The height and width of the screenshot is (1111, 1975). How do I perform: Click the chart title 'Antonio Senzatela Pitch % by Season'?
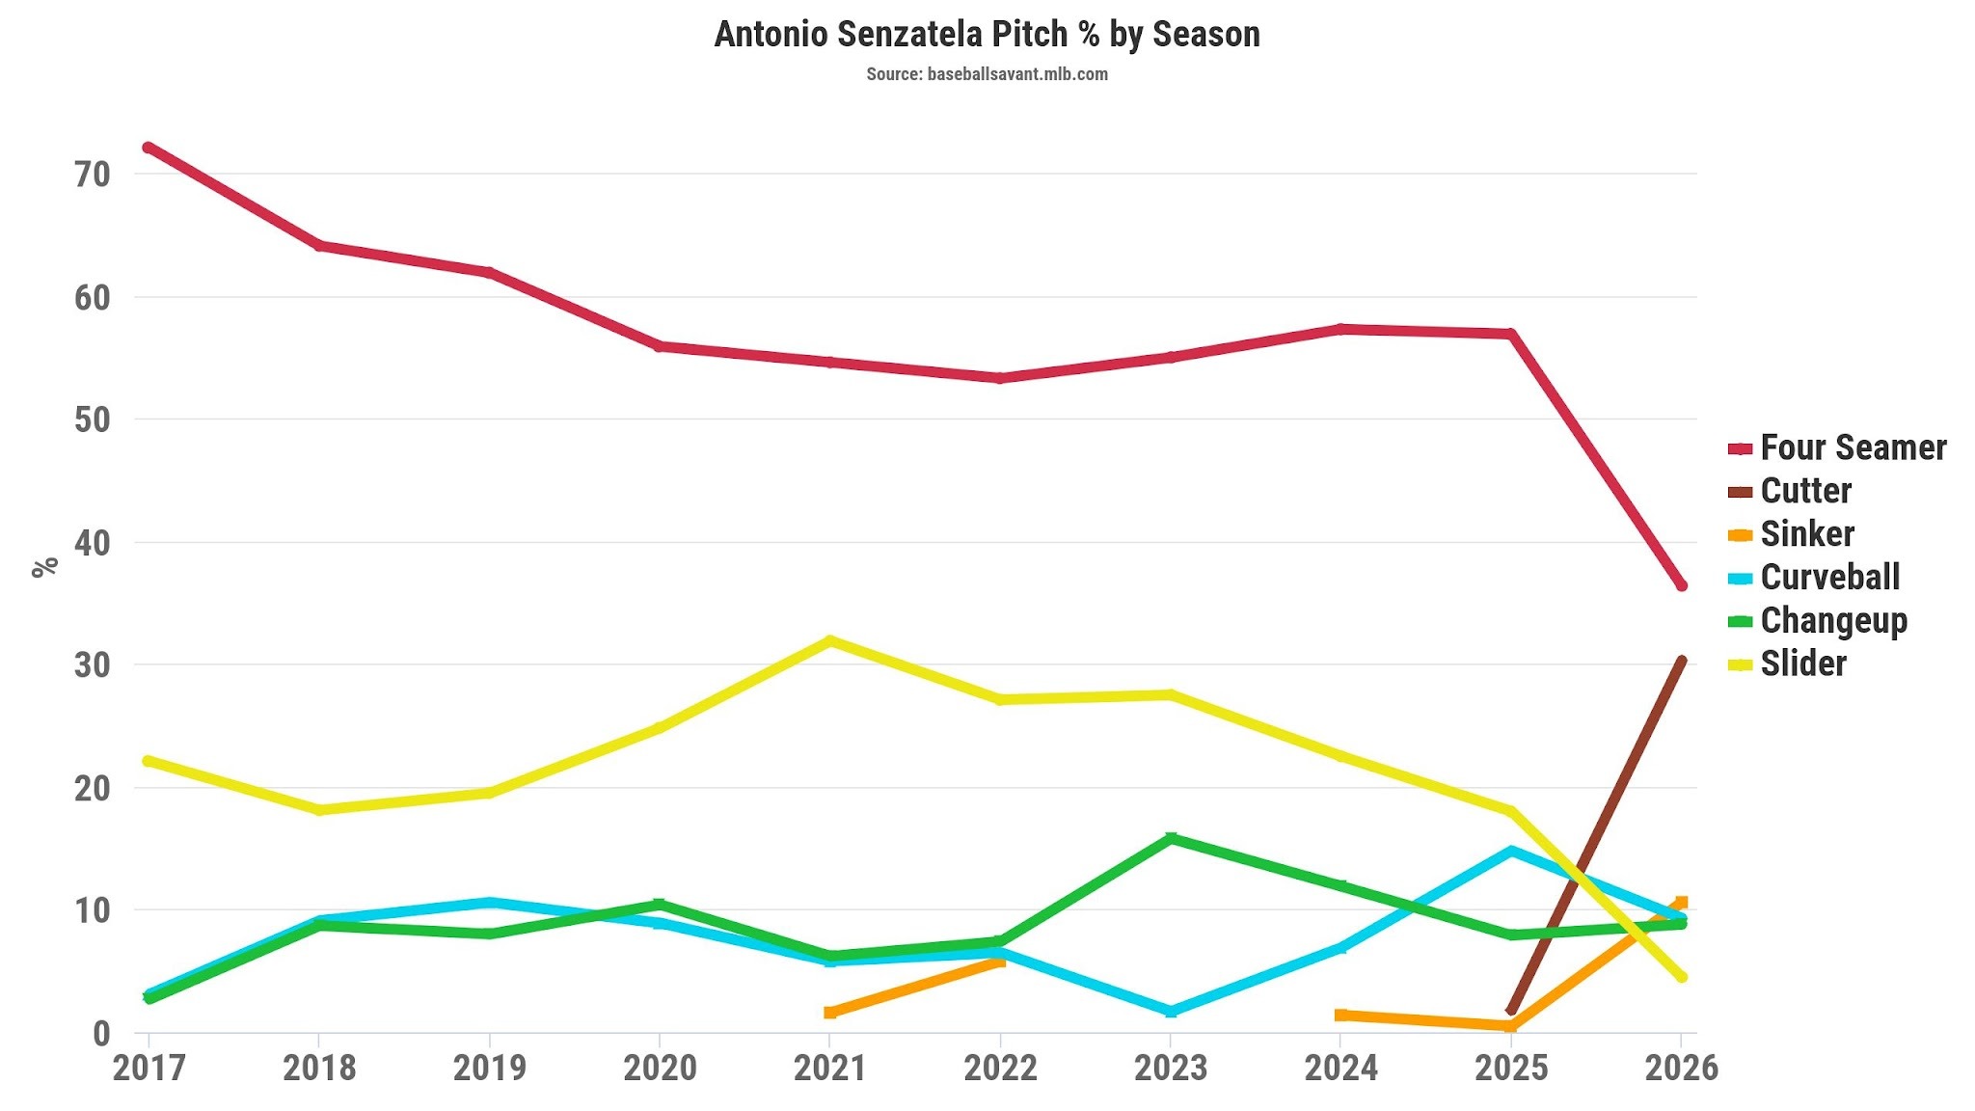click(x=987, y=35)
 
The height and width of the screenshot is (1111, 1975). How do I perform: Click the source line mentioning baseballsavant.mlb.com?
click(x=987, y=74)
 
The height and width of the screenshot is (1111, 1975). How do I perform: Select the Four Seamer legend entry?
click(x=1837, y=447)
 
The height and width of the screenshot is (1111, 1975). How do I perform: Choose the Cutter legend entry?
click(x=1790, y=491)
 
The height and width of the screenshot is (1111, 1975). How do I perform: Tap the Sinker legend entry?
click(x=1791, y=534)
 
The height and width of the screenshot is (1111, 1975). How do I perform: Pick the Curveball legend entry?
click(x=1814, y=578)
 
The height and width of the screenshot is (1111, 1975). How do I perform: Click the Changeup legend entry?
click(x=1818, y=621)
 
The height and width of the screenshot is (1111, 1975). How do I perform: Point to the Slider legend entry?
click(x=1787, y=664)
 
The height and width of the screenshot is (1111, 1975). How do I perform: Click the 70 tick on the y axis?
click(x=93, y=175)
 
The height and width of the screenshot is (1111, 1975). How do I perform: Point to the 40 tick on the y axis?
click(x=93, y=543)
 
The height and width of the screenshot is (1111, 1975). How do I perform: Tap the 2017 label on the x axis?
click(x=149, y=1068)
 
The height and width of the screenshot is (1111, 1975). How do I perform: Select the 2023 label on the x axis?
click(x=1171, y=1068)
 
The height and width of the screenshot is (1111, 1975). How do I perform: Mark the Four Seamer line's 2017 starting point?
click(x=149, y=148)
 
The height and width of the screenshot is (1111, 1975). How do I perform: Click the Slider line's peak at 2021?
click(x=830, y=640)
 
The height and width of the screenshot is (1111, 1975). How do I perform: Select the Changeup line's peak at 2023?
click(x=1171, y=838)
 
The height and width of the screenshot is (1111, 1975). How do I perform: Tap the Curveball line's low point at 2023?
click(x=1171, y=1012)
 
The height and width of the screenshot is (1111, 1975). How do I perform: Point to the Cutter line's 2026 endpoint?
click(x=1682, y=661)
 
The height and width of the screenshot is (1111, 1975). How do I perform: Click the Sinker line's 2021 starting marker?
click(x=830, y=1012)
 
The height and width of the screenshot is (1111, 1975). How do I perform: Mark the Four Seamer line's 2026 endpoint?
click(x=1682, y=585)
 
